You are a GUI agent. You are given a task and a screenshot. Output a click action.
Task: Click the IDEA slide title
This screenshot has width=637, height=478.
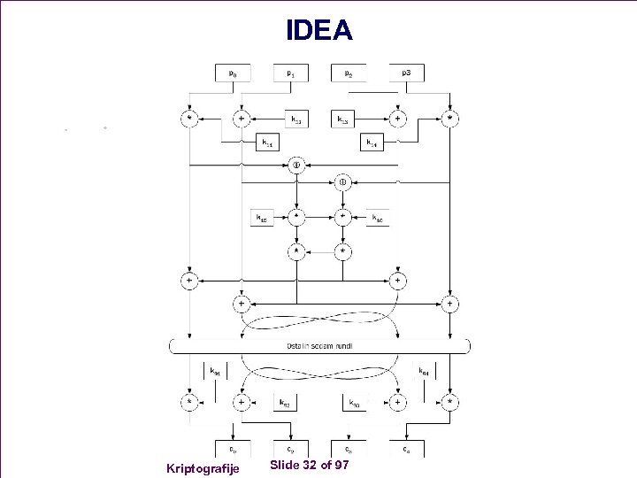point(318,31)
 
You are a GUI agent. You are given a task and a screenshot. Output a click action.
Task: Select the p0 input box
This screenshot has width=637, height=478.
point(234,73)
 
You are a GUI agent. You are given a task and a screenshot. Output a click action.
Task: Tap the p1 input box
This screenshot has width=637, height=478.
point(291,73)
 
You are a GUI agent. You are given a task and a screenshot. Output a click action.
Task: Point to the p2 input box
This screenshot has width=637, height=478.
point(349,73)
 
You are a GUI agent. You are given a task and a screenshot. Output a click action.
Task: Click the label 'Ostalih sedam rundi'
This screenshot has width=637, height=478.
point(319,345)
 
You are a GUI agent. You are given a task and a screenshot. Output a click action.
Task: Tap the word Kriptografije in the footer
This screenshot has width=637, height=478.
point(203,466)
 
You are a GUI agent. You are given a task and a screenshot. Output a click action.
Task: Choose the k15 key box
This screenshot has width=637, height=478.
point(262,217)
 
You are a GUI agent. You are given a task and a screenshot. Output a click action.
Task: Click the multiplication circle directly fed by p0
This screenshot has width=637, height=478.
point(188,118)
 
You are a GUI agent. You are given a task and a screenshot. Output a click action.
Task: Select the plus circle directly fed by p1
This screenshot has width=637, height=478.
point(241,118)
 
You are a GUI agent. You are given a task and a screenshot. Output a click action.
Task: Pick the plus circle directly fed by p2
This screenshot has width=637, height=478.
point(399,118)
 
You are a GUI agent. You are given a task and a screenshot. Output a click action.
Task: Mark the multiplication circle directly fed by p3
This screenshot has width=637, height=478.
point(450,118)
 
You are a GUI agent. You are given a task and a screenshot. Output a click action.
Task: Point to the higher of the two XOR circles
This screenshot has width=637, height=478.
point(296,166)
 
